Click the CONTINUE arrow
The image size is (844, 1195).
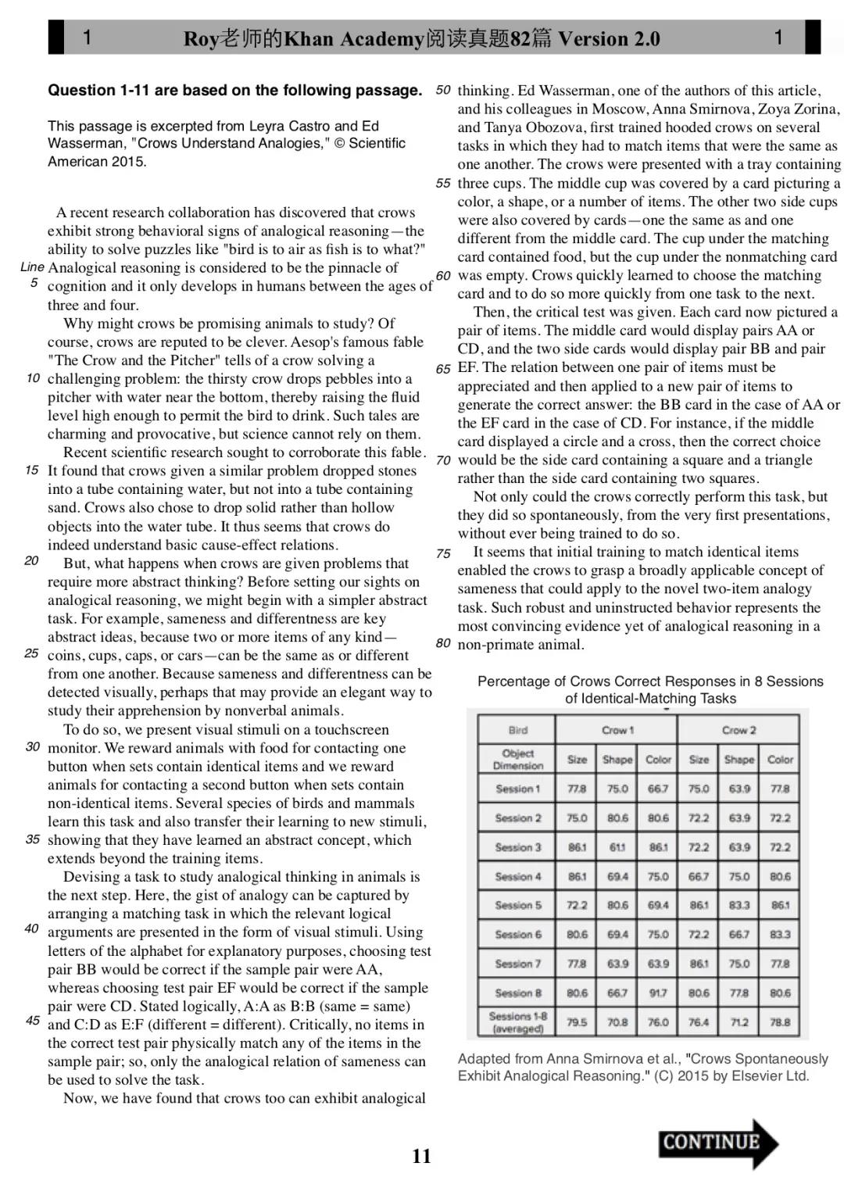717,1143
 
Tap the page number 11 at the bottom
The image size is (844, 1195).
421,1156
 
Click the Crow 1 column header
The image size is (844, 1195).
617,730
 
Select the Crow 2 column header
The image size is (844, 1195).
738,730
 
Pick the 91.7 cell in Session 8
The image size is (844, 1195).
658,993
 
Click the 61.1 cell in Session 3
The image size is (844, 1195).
617,847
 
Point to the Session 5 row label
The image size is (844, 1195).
517,905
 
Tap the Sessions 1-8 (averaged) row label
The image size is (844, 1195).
517,1021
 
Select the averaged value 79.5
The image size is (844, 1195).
577,1021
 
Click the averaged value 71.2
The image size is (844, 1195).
739,1021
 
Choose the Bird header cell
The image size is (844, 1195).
517,730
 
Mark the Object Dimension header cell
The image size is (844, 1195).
517,759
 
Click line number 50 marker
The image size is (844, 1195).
443,90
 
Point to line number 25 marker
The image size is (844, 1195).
32,653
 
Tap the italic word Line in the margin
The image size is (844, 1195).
32,267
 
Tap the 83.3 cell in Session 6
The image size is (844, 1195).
780,934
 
